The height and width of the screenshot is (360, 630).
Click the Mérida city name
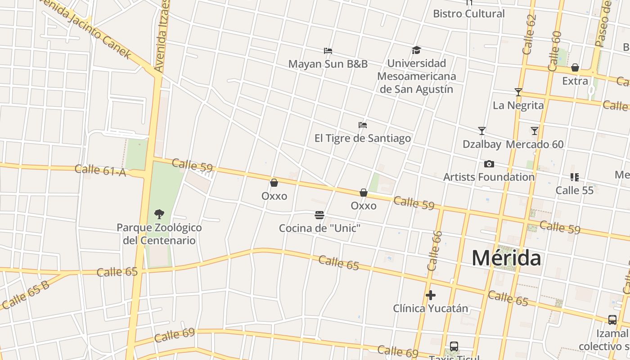coord(506,258)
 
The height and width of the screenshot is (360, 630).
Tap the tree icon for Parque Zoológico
coord(159,214)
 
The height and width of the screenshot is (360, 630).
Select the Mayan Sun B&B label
coord(328,64)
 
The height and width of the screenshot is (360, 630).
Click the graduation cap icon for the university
coord(416,50)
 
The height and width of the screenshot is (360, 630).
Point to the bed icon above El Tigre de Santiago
coord(362,125)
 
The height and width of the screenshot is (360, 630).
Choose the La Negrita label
coord(518,105)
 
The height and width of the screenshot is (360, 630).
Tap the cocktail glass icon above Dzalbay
coord(481,131)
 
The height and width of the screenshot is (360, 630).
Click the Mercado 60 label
coord(535,144)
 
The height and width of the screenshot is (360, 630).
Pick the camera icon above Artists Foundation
coord(489,164)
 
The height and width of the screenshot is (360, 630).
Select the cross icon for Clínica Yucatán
coord(431,295)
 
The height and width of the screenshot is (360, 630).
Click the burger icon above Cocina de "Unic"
coord(319,215)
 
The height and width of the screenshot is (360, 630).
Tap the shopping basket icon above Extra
coord(575,68)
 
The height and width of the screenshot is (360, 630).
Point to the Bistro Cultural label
coord(469,13)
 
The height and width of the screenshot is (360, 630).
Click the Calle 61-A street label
coord(100,170)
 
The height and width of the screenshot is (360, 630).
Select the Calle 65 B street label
coord(26,295)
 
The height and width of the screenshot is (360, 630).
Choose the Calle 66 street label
coord(435,251)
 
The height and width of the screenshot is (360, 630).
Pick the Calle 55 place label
coord(574,190)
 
